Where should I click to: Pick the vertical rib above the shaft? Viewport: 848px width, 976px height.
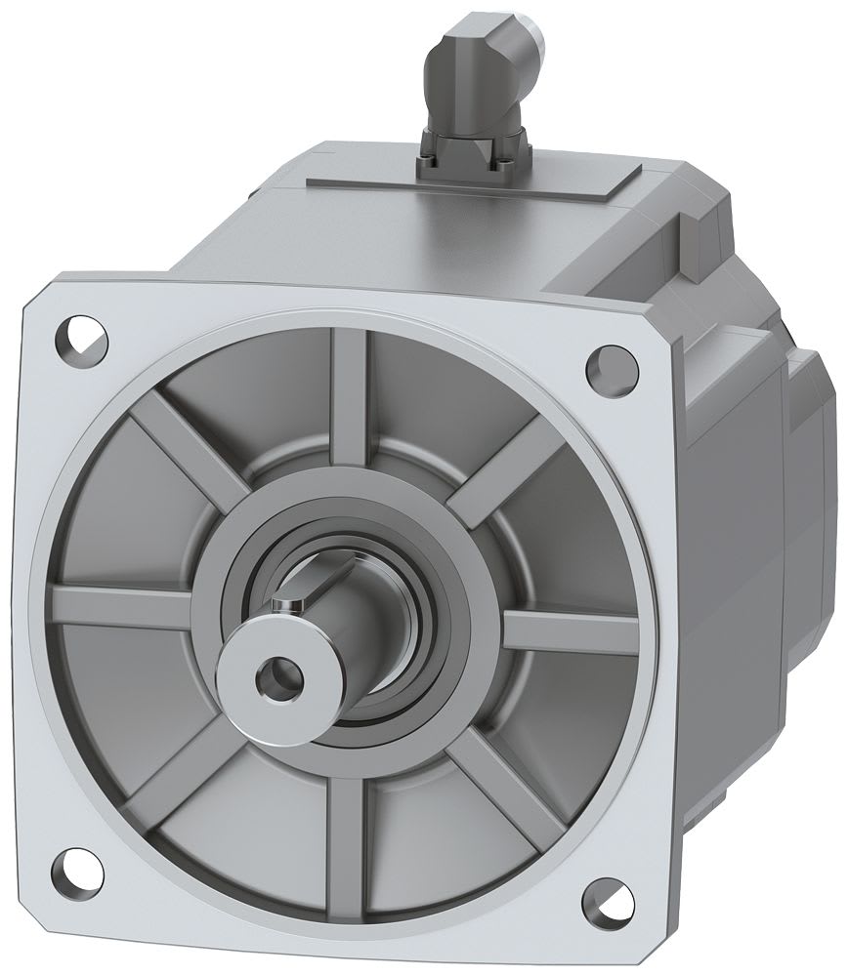click(x=350, y=390)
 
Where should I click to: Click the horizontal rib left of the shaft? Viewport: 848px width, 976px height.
click(x=127, y=599)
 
